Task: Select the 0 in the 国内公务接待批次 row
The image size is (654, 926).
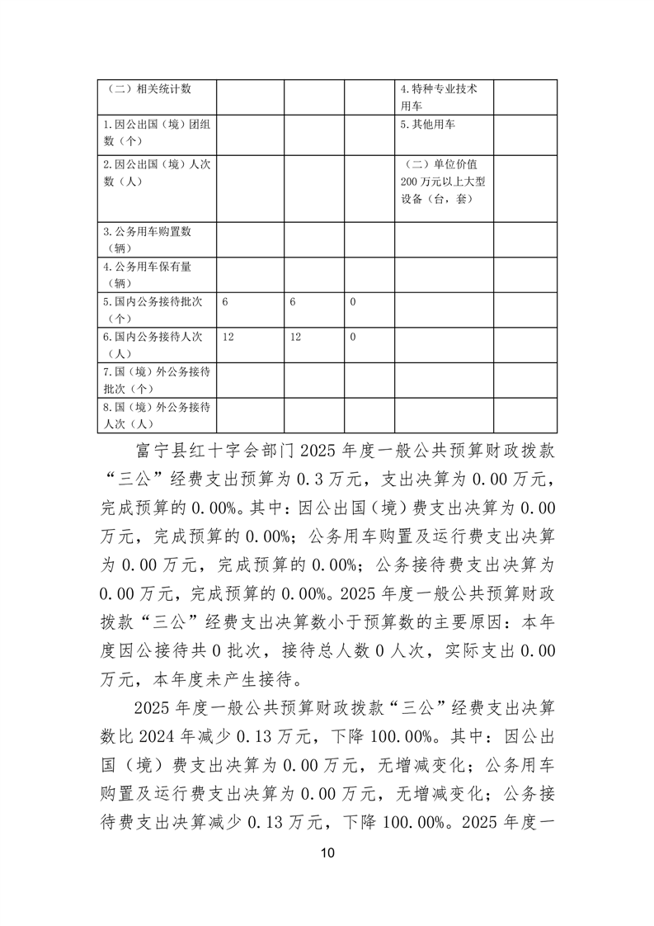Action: (x=353, y=303)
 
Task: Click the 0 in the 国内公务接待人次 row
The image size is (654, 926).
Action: (x=353, y=338)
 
